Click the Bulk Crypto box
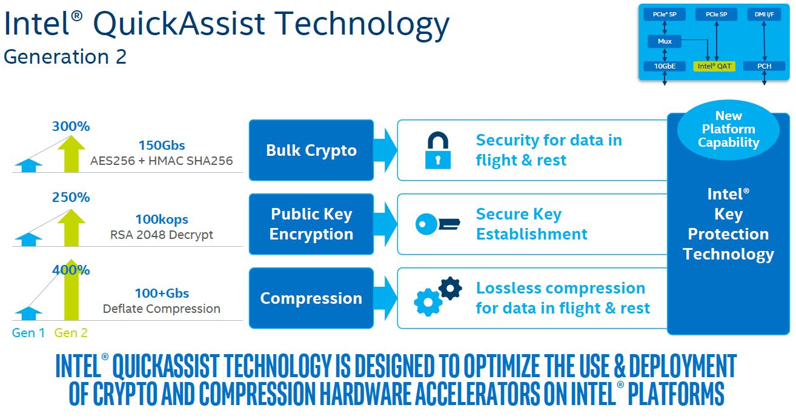[x=311, y=150]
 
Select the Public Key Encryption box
[x=311, y=224]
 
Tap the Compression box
[x=311, y=298]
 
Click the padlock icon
[x=438, y=150]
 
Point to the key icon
[x=438, y=224]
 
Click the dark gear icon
[x=450, y=288]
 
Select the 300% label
[x=71, y=126]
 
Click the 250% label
[x=71, y=197]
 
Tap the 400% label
[x=71, y=270]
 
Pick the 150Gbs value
[x=162, y=145]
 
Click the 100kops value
[x=162, y=220]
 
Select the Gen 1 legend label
[x=28, y=333]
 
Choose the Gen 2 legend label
[x=71, y=333]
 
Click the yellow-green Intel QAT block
[x=714, y=66]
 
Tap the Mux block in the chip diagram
[x=665, y=41]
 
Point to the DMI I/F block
[x=764, y=15]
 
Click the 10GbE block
[x=665, y=66]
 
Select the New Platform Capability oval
[x=729, y=130]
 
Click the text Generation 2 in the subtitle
[x=65, y=57]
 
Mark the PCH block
[x=764, y=66]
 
